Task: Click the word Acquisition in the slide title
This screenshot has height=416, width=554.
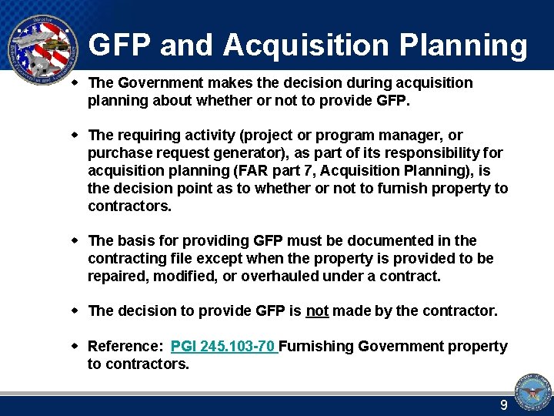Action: pyautogui.click(x=307, y=45)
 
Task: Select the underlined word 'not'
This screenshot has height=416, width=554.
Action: pyautogui.click(x=317, y=310)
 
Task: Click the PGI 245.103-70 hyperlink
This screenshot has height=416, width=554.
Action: pyautogui.click(x=222, y=347)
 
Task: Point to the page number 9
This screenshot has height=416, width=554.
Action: pyautogui.click(x=504, y=405)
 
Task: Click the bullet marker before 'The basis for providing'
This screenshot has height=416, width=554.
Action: pyautogui.click(x=75, y=240)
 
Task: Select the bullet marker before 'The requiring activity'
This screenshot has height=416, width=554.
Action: pyautogui.click(x=75, y=135)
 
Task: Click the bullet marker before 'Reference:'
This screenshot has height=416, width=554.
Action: pyautogui.click(x=75, y=346)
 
